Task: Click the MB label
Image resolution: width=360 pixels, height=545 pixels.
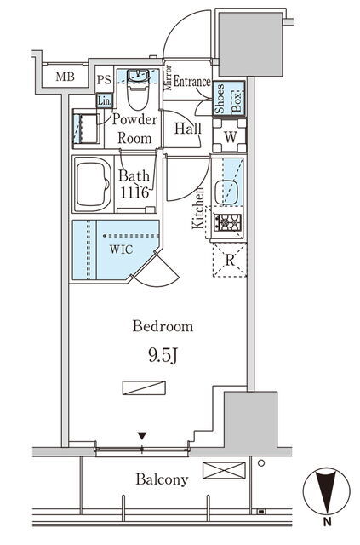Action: click(x=66, y=77)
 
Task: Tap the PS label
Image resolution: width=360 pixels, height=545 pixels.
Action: click(x=104, y=80)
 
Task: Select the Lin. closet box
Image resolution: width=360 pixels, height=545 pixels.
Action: click(x=104, y=100)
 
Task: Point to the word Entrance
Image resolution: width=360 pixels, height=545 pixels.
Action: click(x=191, y=82)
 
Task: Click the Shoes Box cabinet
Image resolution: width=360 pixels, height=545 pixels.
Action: click(x=229, y=99)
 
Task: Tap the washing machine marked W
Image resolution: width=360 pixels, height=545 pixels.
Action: click(x=229, y=136)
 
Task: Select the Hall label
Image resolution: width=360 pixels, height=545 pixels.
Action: click(x=187, y=129)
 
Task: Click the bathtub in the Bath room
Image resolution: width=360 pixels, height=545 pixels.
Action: click(x=93, y=184)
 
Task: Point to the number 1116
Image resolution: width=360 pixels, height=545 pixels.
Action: click(x=134, y=192)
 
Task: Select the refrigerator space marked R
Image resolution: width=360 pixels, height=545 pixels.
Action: click(x=230, y=260)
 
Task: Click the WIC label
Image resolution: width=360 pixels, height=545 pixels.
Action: click(x=121, y=250)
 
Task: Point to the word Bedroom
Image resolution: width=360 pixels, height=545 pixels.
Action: click(x=163, y=326)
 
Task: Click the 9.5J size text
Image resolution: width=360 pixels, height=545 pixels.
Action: click(x=163, y=356)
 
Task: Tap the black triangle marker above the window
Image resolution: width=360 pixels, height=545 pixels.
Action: click(x=142, y=436)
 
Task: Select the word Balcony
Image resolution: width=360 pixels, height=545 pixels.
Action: click(x=162, y=479)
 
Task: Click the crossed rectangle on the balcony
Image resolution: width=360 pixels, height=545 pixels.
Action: click(x=224, y=470)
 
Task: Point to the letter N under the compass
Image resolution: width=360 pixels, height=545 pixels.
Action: click(x=327, y=521)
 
